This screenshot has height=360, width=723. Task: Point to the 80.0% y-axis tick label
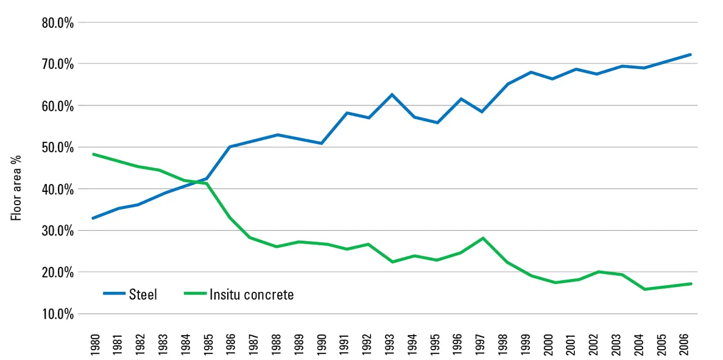[x=57, y=23]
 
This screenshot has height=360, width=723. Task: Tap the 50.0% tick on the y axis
[x=57, y=147]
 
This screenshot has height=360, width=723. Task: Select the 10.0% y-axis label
[x=57, y=314]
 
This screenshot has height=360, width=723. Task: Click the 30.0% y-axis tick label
[x=57, y=231]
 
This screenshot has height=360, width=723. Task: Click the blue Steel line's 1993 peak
[x=392, y=94]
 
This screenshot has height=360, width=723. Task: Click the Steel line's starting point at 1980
[x=93, y=218]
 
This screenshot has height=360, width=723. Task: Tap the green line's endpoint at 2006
[x=690, y=284]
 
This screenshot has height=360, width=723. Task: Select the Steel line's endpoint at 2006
[x=690, y=54]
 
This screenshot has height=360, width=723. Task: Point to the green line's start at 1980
[x=93, y=154]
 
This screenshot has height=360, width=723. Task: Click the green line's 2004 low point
[x=644, y=289]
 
